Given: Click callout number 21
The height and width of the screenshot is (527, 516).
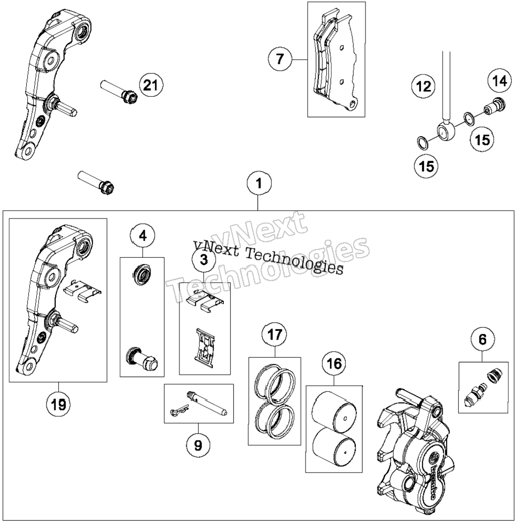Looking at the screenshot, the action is (150, 85).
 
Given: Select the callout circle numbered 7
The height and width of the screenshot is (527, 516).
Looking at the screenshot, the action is (280, 59).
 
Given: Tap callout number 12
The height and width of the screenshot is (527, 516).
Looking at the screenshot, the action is (423, 87).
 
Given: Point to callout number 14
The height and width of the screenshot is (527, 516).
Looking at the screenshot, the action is (500, 81).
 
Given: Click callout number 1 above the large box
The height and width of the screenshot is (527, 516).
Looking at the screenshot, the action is (258, 184).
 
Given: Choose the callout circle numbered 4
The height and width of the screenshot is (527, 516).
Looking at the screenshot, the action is (143, 236).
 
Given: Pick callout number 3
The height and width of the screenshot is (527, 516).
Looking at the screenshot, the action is (204, 260).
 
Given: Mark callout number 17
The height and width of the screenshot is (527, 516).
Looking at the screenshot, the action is (275, 335).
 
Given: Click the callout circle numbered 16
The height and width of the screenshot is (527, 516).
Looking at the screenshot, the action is (334, 363).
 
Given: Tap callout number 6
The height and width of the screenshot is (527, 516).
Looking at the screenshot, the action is (482, 340).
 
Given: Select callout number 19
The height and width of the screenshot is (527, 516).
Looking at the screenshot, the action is (58, 405).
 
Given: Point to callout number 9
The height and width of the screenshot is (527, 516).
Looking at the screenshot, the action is (198, 446).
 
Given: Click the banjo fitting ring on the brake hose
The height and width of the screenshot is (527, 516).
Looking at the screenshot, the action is (446, 131).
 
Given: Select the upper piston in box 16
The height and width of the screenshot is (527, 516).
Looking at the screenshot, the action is (333, 409).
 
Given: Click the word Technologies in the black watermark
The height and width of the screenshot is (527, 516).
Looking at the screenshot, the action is (294, 261).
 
